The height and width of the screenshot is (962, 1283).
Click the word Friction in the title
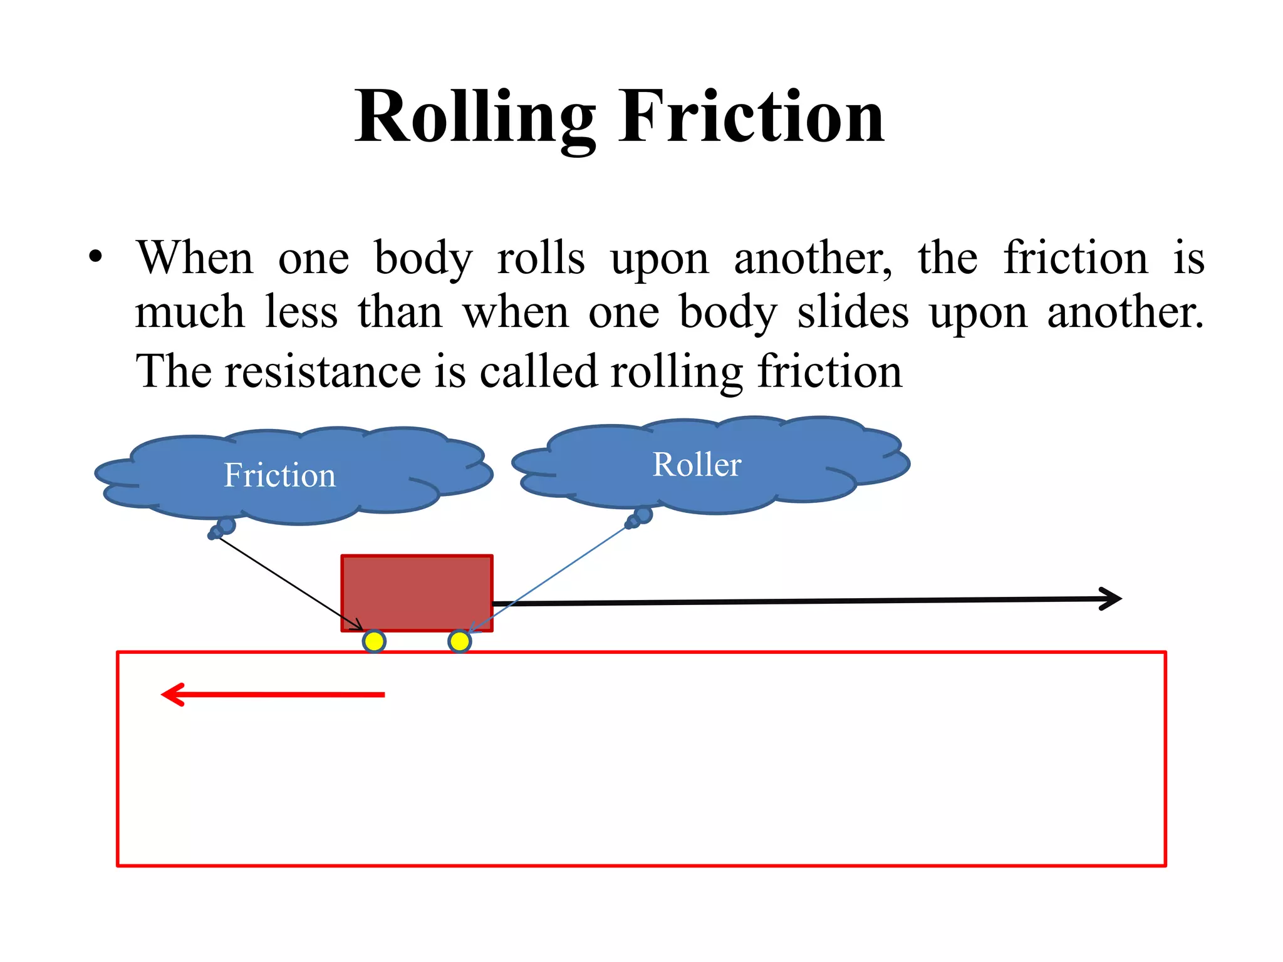click(751, 118)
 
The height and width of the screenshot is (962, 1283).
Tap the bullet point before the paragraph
click(95, 257)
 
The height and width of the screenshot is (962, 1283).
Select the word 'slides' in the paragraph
click(852, 313)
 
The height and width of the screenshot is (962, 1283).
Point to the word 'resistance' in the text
click(323, 371)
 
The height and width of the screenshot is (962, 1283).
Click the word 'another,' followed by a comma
click(813, 258)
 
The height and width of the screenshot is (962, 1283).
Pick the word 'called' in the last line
click(538, 371)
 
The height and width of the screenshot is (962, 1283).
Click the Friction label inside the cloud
click(279, 475)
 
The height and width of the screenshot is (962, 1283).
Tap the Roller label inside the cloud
click(697, 465)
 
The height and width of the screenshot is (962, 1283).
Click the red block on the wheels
click(417, 592)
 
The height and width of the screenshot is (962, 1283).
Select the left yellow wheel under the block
click(374, 641)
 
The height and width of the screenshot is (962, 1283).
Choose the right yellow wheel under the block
click(459, 641)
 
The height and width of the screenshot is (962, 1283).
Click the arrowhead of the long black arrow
click(1111, 599)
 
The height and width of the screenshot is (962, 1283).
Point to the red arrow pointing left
click(273, 695)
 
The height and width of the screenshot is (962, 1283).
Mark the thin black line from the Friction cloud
click(288, 581)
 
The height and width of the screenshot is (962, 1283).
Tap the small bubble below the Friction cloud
click(226, 525)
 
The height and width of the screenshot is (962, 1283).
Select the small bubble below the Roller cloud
click(643, 515)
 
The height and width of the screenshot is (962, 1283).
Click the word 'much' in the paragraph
click(189, 313)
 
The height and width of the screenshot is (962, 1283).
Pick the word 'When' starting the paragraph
click(195, 258)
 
